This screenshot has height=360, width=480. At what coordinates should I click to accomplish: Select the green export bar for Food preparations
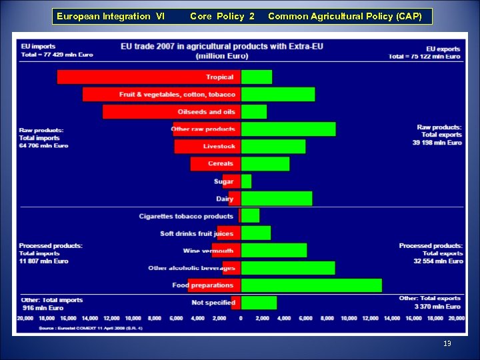tap(311, 285)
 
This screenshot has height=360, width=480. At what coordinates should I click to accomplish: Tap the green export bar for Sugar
tap(246, 181)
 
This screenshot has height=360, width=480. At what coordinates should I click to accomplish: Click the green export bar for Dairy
tap(276, 199)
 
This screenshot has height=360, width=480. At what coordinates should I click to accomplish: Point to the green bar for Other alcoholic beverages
tap(287, 268)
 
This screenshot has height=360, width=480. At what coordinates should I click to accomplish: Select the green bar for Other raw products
tap(288, 129)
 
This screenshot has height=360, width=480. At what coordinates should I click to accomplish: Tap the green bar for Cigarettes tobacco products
tap(250, 216)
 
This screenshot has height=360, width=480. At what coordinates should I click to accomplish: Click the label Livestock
tap(219, 147)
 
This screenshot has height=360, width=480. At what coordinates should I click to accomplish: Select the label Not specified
tap(213, 303)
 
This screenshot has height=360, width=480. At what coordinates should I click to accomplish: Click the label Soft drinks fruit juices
tap(197, 233)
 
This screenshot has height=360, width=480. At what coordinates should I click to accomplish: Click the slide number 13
tap(447, 343)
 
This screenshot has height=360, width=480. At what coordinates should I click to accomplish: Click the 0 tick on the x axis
tap(241, 319)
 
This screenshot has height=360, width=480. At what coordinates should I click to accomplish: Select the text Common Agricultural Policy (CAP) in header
tap(345, 16)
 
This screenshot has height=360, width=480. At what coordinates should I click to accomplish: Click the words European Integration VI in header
tap(111, 16)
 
